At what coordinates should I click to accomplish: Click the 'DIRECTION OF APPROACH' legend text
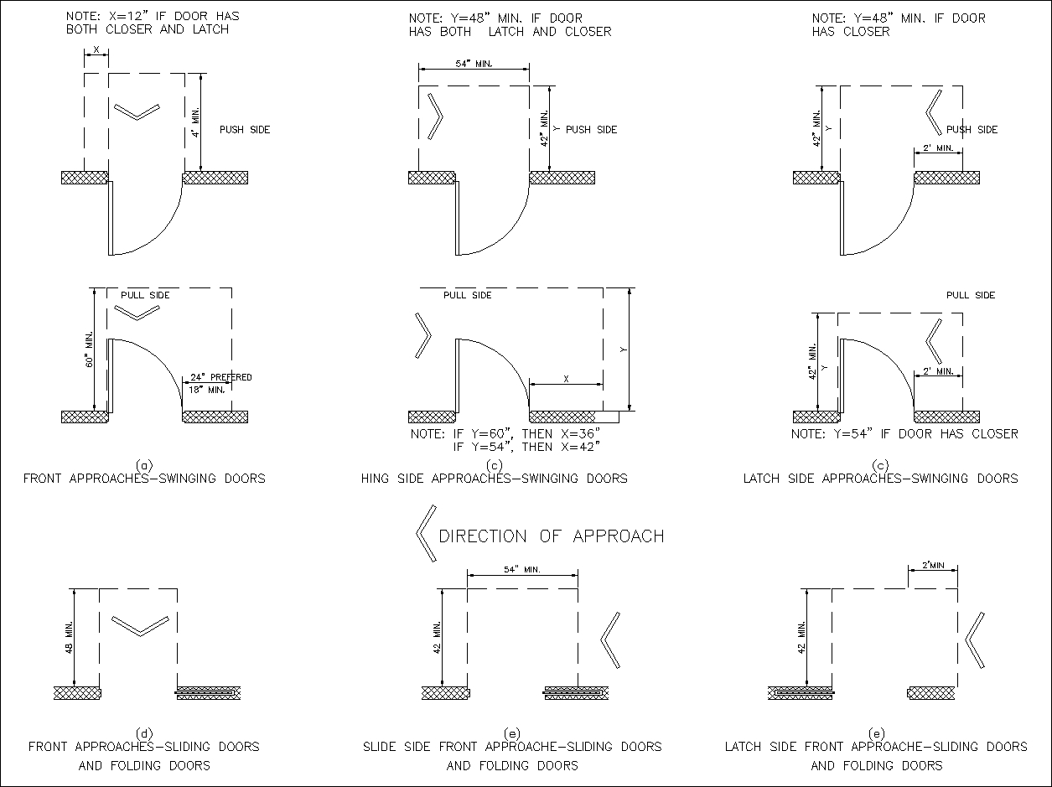point(551,536)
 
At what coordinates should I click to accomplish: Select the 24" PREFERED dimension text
point(220,377)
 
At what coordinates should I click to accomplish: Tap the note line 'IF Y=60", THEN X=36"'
point(505,434)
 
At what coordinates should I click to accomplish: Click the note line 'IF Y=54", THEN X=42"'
point(526,447)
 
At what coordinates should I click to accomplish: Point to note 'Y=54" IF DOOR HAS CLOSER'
point(904,434)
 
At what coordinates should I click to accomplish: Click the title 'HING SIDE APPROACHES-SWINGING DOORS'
point(494,479)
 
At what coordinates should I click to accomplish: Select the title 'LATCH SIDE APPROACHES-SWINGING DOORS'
point(880,479)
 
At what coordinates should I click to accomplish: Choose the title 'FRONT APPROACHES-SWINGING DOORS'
point(144,479)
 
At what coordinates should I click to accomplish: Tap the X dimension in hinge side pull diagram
point(566,379)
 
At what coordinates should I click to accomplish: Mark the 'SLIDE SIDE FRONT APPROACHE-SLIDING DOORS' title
point(512,746)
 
